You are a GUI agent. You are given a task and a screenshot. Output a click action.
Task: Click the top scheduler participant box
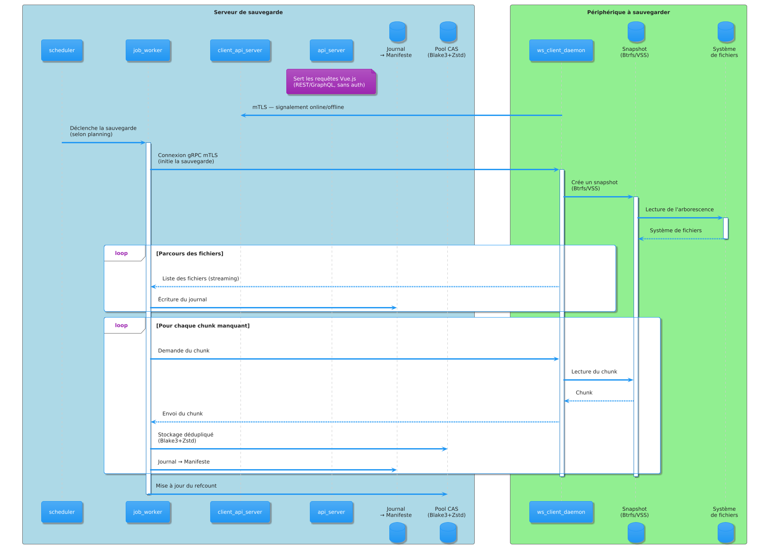click(x=62, y=50)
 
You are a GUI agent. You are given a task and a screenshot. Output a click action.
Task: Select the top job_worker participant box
click(x=148, y=50)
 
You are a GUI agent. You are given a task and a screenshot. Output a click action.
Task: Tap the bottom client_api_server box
click(x=240, y=512)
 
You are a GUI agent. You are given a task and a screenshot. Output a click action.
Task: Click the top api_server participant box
click(x=331, y=50)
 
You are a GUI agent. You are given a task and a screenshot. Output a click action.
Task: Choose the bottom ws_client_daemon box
click(x=561, y=512)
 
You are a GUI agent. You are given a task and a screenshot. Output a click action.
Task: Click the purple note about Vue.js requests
click(x=331, y=81)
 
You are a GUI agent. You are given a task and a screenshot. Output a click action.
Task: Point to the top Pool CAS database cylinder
click(x=448, y=32)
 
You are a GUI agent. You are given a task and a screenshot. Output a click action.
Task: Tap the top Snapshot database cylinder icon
click(x=636, y=32)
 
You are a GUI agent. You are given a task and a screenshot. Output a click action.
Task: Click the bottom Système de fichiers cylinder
click(x=725, y=532)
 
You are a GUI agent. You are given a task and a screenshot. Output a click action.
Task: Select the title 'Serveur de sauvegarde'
click(x=248, y=12)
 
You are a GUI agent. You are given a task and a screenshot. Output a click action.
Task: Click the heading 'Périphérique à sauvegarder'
click(x=628, y=12)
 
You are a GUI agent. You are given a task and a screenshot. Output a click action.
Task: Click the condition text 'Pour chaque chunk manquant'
click(x=203, y=326)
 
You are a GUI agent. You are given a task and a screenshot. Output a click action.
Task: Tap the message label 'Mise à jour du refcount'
click(x=186, y=486)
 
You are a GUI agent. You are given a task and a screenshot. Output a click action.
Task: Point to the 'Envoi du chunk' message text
click(x=182, y=414)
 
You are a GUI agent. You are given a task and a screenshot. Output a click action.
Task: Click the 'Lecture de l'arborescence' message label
click(x=679, y=210)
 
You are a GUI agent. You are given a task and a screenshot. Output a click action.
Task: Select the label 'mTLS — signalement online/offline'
click(x=298, y=107)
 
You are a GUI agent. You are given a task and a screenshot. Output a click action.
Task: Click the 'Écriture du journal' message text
click(x=182, y=299)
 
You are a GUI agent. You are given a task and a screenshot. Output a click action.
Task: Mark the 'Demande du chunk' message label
click(x=184, y=351)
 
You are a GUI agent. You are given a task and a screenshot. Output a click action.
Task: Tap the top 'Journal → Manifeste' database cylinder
click(x=397, y=32)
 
